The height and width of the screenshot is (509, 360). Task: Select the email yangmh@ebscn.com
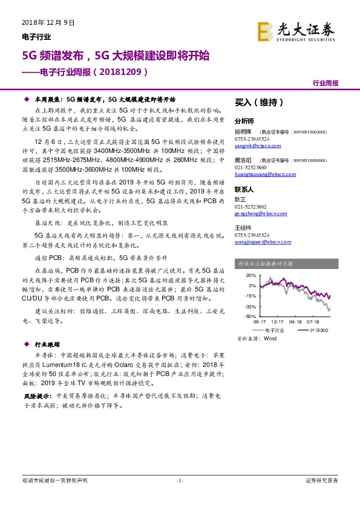pos(252,146)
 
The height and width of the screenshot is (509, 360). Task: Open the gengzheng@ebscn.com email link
pos(257,213)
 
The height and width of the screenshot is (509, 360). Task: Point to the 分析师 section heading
pos(244,120)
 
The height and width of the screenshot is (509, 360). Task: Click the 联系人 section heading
pos(244,189)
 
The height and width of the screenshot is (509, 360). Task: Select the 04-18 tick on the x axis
pos(296,322)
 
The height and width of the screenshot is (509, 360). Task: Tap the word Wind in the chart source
pos(270,339)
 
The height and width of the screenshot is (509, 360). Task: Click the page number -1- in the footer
pos(180,481)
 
